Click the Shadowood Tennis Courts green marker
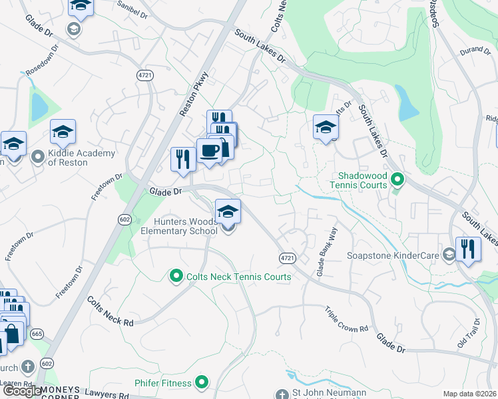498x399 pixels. [x=397, y=179]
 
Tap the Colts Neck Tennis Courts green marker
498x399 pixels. [x=176, y=275]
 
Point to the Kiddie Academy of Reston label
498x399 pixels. [x=82, y=158]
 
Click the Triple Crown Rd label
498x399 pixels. [x=346, y=320]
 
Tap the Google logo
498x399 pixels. [x=22, y=391]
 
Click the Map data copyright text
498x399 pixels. [x=469, y=394]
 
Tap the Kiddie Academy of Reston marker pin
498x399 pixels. [x=39, y=158]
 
